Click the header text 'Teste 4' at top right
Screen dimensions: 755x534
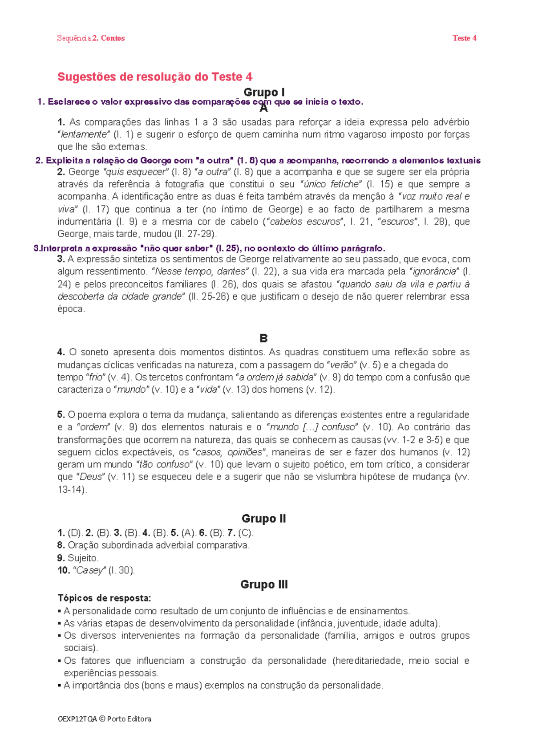[x=464, y=38]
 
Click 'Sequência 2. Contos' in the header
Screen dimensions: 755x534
[x=91, y=38]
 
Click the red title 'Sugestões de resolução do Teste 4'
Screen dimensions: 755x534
[x=155, y=77]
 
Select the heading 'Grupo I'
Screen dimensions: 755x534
[x=264, y=92]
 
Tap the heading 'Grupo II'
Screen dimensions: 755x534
[x=263, y=519]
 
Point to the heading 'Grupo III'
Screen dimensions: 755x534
[x=264, y=585]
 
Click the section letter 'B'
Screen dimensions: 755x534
[x=263, y=338]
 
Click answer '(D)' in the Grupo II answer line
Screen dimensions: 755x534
[x=75, y=533]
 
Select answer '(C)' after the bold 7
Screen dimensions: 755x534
[x=246, y=533]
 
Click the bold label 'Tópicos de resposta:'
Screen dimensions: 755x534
[x=105, y=598]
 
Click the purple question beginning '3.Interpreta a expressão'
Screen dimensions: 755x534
[x=209, y=248]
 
